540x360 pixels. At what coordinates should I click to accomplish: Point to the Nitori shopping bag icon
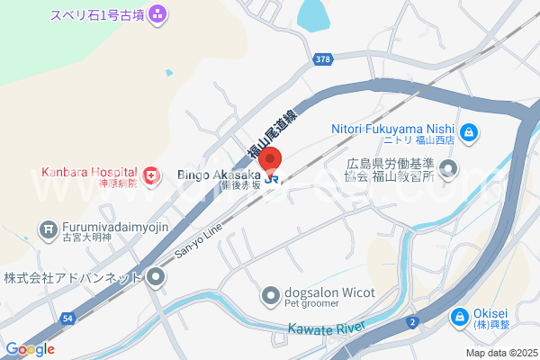tap(468, 134)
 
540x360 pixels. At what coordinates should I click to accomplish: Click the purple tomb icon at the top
tap(157, 13)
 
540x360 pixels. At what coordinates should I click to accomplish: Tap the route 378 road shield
tap(323, 59)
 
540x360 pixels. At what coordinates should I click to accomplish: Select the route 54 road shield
tap(68, 319)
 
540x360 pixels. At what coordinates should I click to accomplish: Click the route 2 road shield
tap(412, 321)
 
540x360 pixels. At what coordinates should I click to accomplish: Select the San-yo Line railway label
tap(198, 240)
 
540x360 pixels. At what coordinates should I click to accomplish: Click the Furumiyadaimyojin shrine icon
tap(48, 229)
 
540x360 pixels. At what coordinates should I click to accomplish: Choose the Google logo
tap(30, 349)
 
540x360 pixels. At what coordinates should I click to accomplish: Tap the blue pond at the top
tap(312, 13)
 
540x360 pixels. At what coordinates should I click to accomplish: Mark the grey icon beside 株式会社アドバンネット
tap(157, 276)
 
